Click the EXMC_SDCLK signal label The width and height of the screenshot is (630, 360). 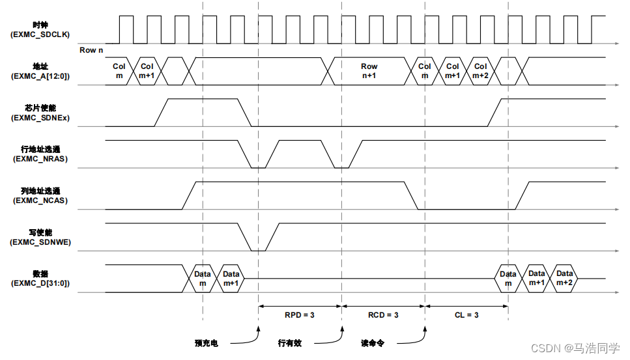(40, 35)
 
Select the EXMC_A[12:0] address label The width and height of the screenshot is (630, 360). (40, 76)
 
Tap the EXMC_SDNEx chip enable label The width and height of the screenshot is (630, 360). (40, 118)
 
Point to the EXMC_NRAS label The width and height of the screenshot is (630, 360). (40, 159)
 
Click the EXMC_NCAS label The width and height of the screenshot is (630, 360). (40, 201)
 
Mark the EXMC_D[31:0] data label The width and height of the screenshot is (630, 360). (40, 283)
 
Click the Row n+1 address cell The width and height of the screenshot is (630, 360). (369, 70)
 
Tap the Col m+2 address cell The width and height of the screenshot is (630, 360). (480, 70)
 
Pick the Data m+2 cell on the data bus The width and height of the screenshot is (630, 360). (564, 278)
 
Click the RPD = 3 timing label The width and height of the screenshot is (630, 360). (300, 315)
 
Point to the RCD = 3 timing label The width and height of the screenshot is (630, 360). (383, 315)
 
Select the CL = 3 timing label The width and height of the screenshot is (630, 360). (466, 315)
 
